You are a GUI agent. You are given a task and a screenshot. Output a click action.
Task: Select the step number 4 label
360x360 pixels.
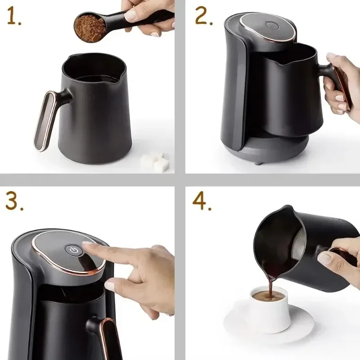202,202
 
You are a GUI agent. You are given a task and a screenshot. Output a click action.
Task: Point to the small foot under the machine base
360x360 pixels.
257,162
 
